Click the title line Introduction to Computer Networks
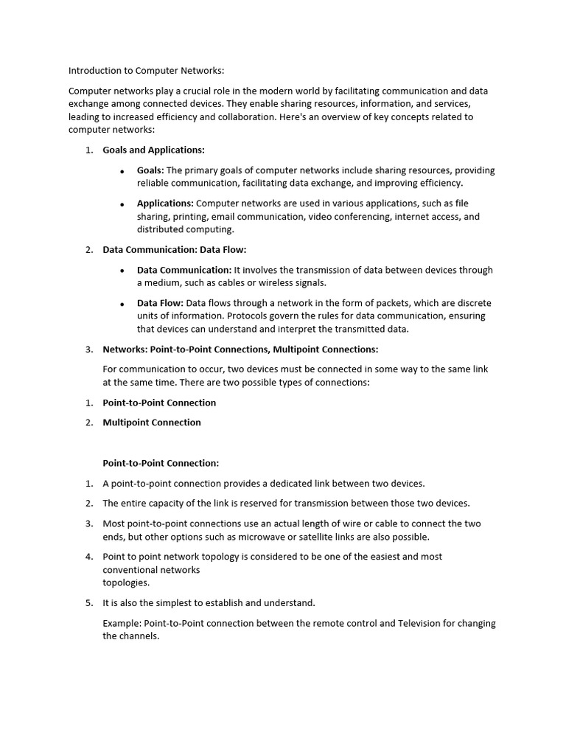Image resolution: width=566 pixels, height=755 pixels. [x=146, y=71]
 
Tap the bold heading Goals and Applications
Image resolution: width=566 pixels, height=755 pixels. [x=153, y=150]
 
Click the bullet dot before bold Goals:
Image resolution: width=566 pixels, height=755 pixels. [x=122, y=171]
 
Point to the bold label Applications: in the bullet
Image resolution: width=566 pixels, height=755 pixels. [x=165, y=203]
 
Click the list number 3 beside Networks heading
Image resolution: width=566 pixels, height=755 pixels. [x=88, y=349]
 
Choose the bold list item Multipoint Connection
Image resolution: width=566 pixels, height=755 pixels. [x=152, y=422]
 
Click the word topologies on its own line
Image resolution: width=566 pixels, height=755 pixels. [x=126, y=582]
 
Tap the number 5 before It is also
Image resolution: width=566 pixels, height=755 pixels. [x=88, y=603]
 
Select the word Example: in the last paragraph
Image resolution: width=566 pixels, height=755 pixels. [x=122, y=623]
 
